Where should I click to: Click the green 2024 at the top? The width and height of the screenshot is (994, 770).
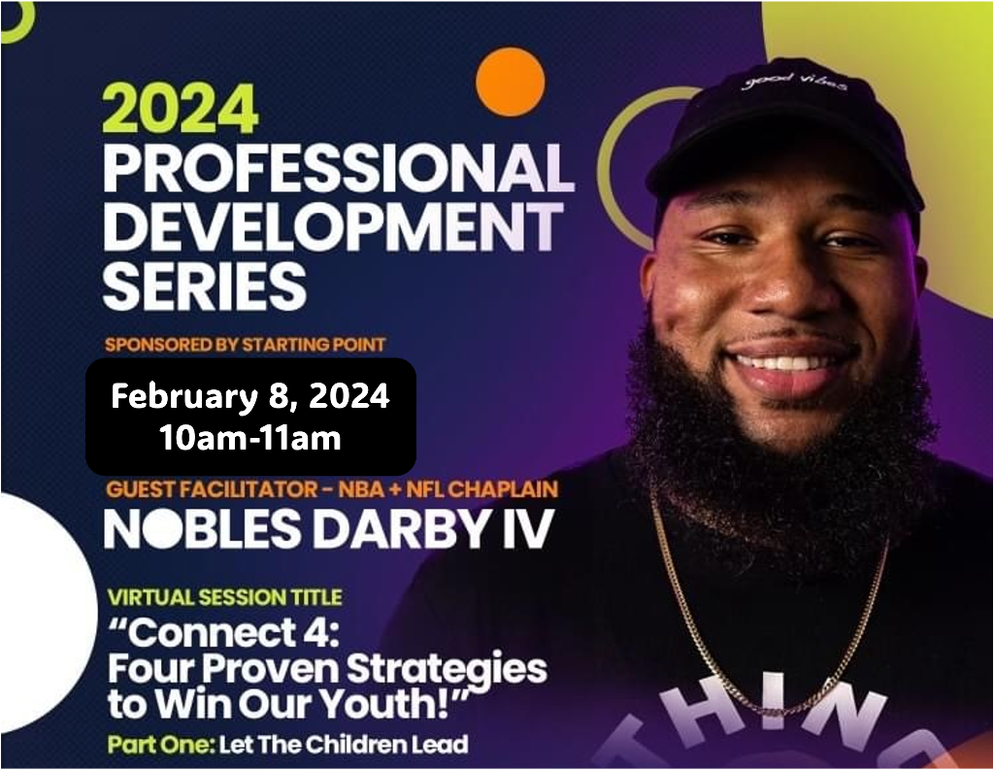(181, 109)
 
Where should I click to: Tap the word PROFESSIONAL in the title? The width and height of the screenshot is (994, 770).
(339, 168)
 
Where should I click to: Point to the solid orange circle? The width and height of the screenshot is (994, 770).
(511, 82)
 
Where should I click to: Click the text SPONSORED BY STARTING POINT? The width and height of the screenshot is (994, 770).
(246, 345)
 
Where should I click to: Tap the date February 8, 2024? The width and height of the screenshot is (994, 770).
(250, 397)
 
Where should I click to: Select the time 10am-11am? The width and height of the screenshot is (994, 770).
(250, 438)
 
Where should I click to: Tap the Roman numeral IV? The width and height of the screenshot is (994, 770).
(529, 529)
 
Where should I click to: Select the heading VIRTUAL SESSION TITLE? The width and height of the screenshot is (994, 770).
(225, 597)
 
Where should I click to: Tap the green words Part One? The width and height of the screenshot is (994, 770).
(161, 744)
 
